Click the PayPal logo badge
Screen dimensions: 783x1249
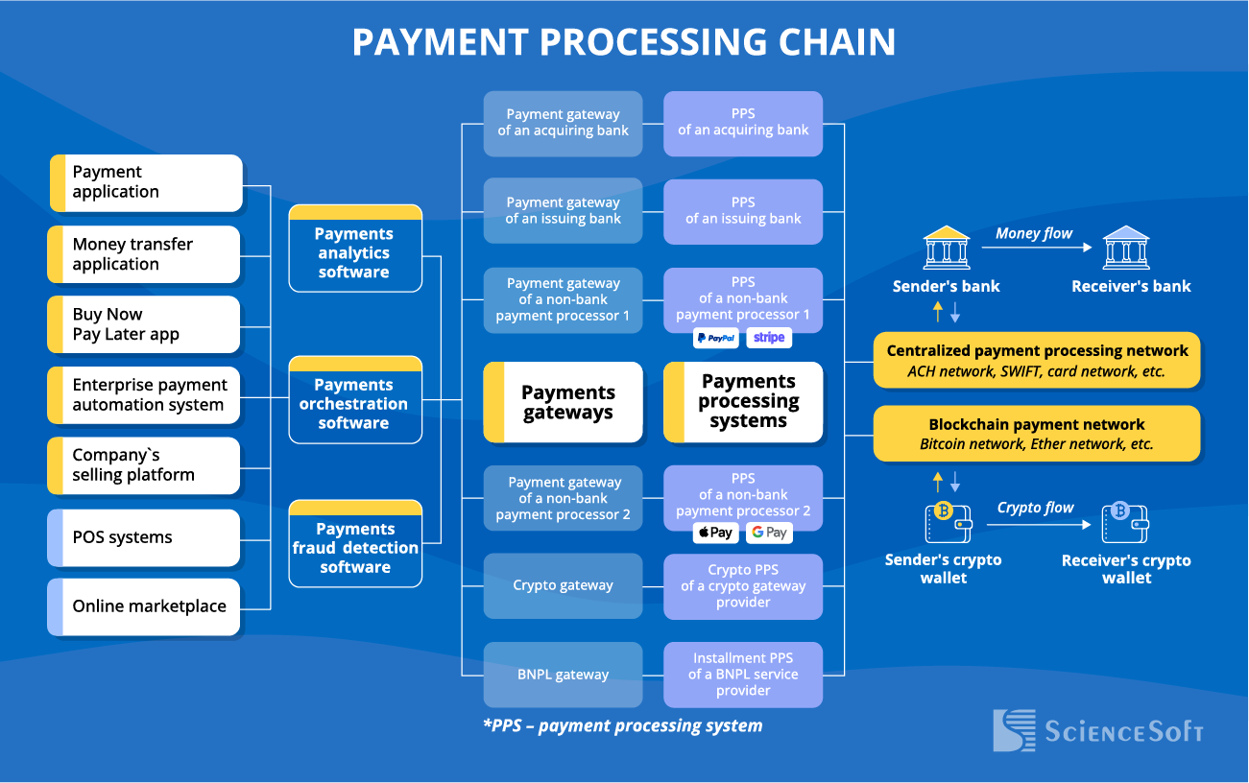[x=716, y=338]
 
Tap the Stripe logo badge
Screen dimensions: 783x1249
[x=769, y=338]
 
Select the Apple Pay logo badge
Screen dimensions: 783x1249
[x=716, y=533]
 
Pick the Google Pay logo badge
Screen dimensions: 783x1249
[x=769, y=533]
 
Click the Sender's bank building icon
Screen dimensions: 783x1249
[x=946, y=249]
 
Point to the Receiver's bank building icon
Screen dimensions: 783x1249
[x=1126, y=249]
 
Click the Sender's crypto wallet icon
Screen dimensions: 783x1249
[x=948, y=523]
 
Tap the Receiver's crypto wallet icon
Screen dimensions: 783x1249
[x=1125, y=523]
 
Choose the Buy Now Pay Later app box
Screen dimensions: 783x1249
[x=144, y=324]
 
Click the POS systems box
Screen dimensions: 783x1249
[x=144, y=537]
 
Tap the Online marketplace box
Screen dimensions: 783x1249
[x=144, y=606]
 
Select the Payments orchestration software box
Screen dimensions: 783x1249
[x=355, y=401]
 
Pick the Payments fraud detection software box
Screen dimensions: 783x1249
[x=355, y=544]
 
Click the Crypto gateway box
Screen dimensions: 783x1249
[x=563, y=585]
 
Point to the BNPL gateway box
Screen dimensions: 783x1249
[x=563, y=675]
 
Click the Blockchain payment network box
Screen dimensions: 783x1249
[x=1037, y=434]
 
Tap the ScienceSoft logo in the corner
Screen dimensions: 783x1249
[x=1098, y=731]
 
